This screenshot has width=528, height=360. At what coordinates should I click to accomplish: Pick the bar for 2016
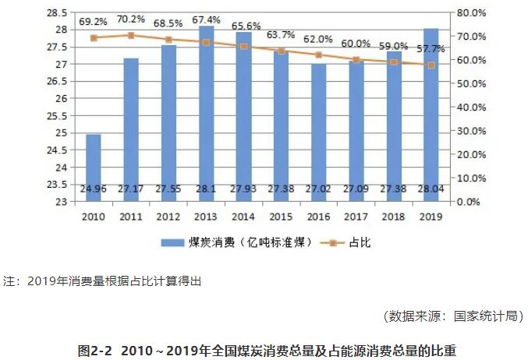pyautogui.click(x=318, y=132)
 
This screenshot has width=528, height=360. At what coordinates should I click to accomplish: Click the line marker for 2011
pyautogui.click(x=130, y=35)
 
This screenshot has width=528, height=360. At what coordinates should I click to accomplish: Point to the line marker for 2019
pyautogui.click(x=431, y=65)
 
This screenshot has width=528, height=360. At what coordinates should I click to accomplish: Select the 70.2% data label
pyautogui.click(x=131, y=22)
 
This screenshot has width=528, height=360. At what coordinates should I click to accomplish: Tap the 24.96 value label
pyautogui.click(x=93, y=189)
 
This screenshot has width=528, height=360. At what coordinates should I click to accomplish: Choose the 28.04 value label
pyautogui.click(x=431, y=189)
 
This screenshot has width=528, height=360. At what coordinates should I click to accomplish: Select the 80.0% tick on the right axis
pyautogui.click(x=470, y=13)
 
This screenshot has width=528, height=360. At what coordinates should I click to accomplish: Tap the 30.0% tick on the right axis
pyautogui.click(x=470, y=131)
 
